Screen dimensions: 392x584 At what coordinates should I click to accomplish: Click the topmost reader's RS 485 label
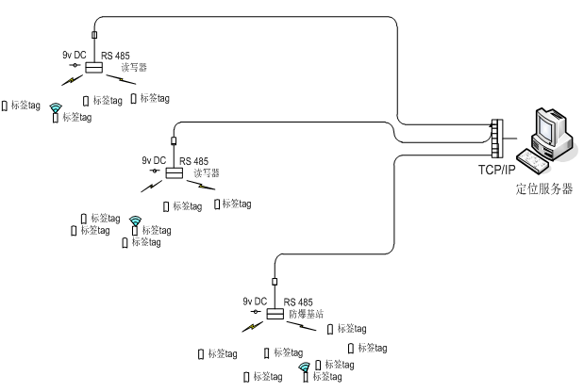click(116, 57)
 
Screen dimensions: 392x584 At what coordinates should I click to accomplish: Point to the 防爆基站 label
click(305, 313)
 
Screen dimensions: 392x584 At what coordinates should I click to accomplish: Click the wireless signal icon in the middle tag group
click(135, 224)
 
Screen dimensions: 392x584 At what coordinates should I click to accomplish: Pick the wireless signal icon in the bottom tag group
click(304, 369)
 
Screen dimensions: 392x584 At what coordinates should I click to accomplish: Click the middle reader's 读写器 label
click(205, 173)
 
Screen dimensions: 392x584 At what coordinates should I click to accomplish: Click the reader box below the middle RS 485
click(174, 173)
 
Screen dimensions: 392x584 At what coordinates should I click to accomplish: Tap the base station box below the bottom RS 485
click(274, 314)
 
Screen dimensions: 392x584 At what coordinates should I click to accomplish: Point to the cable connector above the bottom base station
click(275, 281)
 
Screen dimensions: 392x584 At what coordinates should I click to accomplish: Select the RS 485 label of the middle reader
click(194, 161)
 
